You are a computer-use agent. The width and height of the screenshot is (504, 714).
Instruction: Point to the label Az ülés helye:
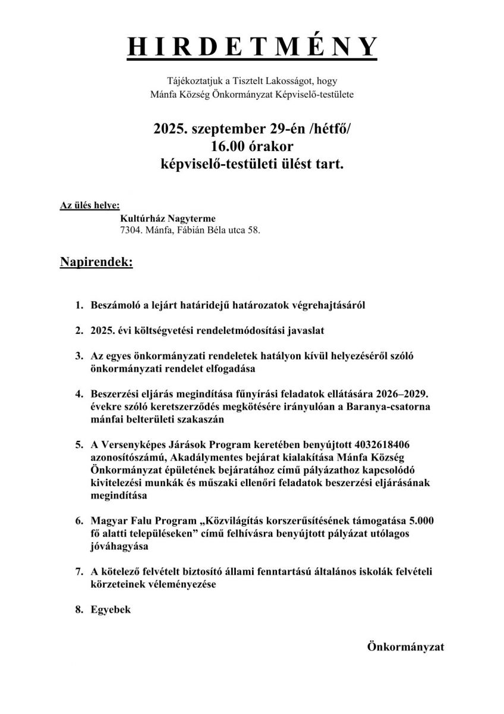89,206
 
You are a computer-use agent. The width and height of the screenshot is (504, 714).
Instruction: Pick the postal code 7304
132,229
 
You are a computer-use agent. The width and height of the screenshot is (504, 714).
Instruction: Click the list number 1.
78,306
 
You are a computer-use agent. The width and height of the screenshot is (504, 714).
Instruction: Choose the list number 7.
78,572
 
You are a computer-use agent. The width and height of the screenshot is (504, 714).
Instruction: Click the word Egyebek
111,610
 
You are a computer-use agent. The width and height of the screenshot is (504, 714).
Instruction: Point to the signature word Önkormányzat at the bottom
405,646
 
